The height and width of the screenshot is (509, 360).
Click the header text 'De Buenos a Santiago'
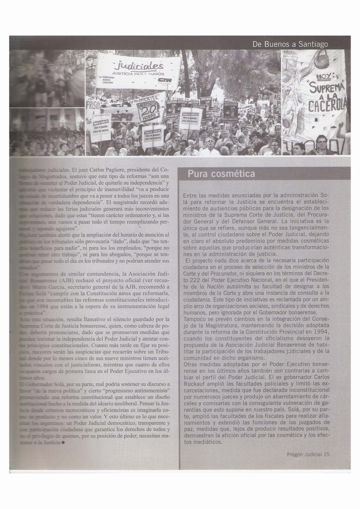click(290, 44)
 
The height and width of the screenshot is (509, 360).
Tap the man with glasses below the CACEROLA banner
click(322, 145)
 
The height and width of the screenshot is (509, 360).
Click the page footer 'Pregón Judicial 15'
click(308, 454)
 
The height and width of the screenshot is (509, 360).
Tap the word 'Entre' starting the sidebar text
click(191, 196)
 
